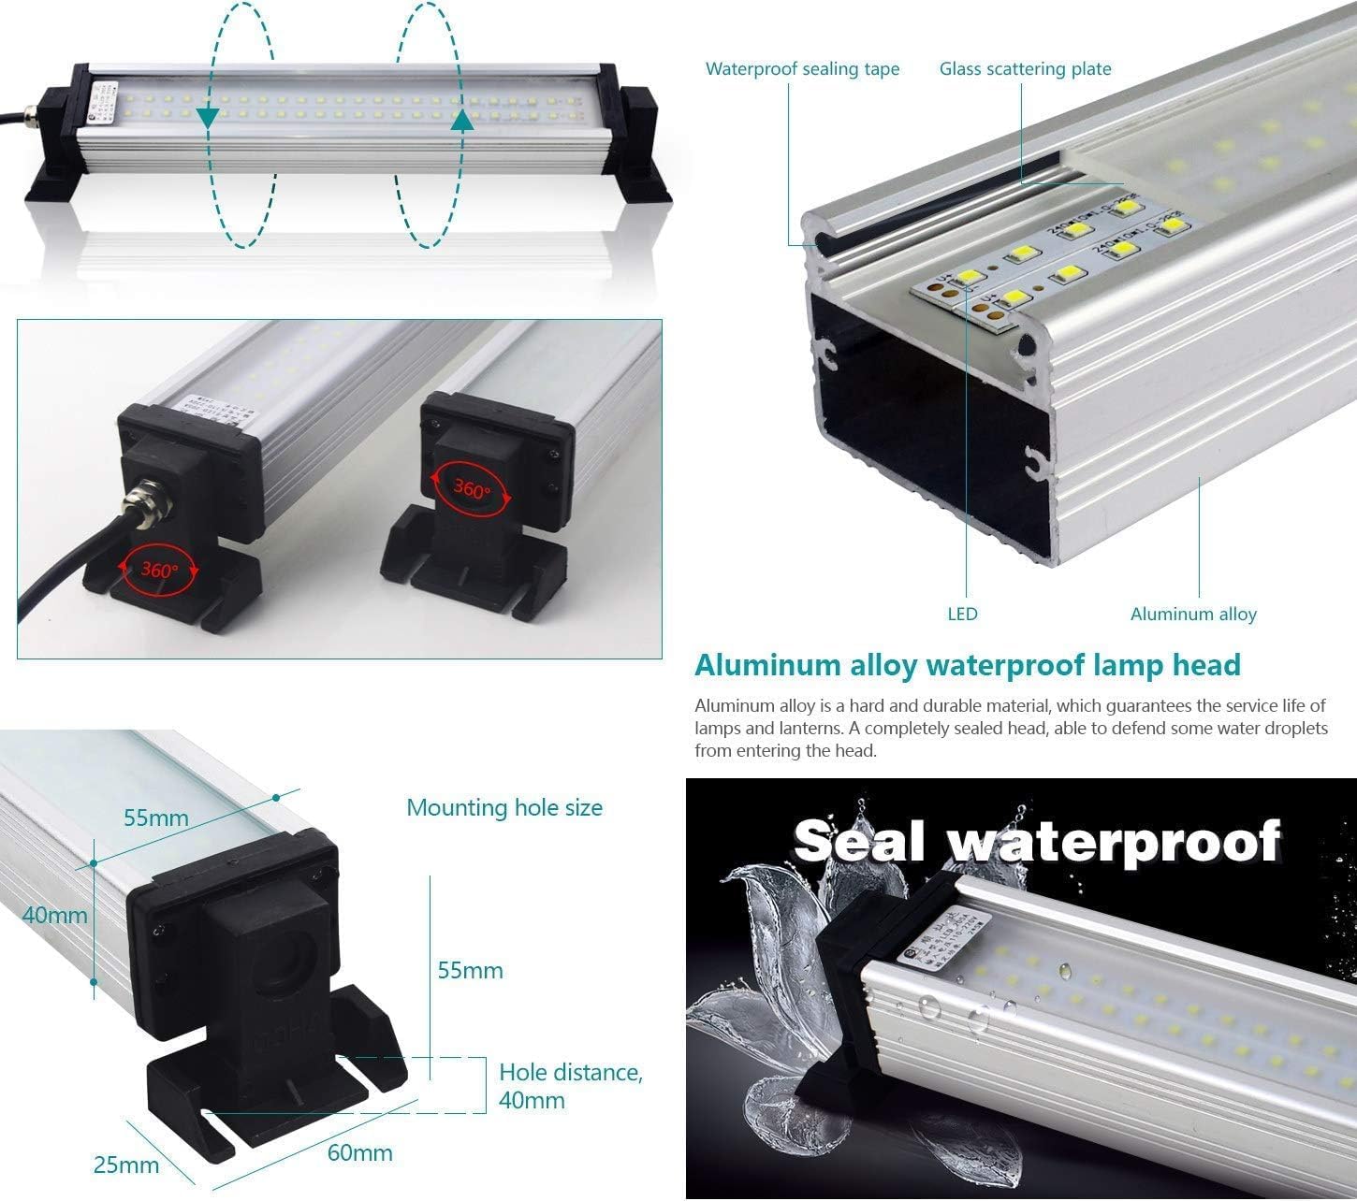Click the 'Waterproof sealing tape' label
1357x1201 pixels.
[802, 69]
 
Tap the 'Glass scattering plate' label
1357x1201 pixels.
[1025, 69]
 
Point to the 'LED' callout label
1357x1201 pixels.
[962, 614]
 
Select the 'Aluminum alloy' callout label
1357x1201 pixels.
[1193, 614]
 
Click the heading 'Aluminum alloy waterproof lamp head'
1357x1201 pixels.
[967, 665]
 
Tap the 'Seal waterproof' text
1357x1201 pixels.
[1037, 841]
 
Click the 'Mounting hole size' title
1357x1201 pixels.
[504, 807]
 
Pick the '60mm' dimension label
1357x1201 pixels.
[359, 1152]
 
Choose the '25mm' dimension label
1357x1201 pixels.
[126, 1165]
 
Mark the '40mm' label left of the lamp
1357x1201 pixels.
[55, 914]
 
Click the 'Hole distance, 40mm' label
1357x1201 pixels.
[570, 1085]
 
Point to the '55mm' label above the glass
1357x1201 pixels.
[156, 818]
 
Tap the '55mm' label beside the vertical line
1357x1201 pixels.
[470, 970]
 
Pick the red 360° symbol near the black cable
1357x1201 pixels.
[158, 567]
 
